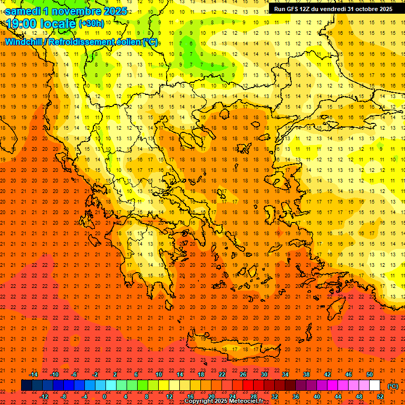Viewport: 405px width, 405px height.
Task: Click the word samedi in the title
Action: (23, 11)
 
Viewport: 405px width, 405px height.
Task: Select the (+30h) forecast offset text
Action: (91, 24)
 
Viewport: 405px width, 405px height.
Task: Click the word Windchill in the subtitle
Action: (25, 42)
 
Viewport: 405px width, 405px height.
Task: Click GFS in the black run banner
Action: (294, 9)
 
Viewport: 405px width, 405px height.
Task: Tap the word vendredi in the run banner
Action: (330, 9)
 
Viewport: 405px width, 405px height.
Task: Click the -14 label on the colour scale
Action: (33, 374)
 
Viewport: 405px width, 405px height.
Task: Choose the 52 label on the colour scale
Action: (380, 397)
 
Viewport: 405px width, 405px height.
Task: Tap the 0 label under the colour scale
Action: (104, 397)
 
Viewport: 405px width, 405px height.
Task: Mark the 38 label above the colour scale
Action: (306, 374)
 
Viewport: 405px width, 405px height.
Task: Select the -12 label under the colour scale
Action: (44, 397)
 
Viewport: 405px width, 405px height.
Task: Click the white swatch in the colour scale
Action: (374, 385)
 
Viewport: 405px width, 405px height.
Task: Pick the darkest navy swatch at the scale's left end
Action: (26, 385)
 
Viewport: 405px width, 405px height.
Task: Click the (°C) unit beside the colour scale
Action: (393, 386)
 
